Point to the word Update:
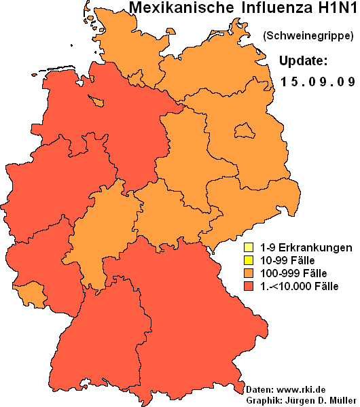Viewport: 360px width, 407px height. [304, 60]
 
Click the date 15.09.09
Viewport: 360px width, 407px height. [318, 82]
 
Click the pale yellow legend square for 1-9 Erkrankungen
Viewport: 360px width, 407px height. [249, 247]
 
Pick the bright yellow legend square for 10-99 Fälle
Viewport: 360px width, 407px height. [249, 260]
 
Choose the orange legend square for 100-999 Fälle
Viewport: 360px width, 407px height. [249, 272]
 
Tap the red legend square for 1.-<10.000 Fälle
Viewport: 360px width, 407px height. [249, 285]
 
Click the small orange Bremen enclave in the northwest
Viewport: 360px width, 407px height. [98, 102]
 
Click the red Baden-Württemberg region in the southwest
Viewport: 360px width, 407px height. [95, 333]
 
